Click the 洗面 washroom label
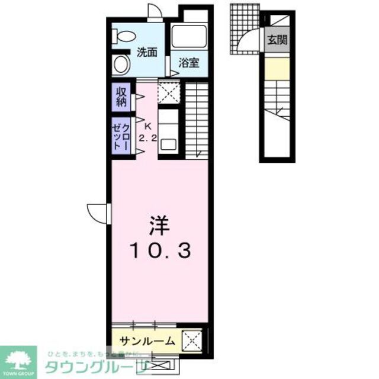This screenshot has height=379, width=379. point(147,52)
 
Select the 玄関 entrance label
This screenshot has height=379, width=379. point(276,40)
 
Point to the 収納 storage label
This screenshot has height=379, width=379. point(121,97)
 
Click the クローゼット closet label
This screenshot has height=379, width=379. point(121,136)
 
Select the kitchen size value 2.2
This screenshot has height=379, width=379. point(147,138)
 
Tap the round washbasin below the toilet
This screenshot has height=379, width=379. point(121,63)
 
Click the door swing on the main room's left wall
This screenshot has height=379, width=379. point(98,211)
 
